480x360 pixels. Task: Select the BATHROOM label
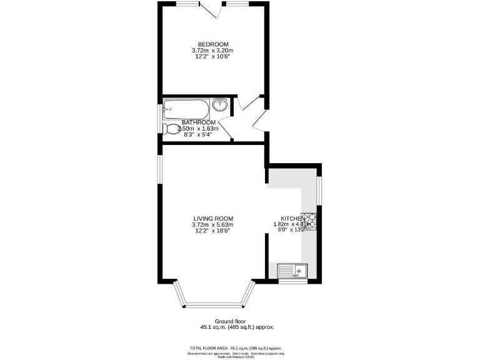coord(199,122)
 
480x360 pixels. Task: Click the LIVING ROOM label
coord(212,218)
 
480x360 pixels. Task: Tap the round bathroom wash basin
coord(220,106)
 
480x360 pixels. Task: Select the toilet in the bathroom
coord(169,129)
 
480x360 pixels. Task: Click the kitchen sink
coord(293,271)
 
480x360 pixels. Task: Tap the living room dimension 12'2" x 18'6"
coord(212,231)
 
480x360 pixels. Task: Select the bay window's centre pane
coord(214,306)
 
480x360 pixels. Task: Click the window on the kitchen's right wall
coord(319,191)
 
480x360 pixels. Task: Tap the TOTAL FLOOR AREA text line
coord(236,348)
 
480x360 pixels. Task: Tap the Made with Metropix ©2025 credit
coord(236,357)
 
